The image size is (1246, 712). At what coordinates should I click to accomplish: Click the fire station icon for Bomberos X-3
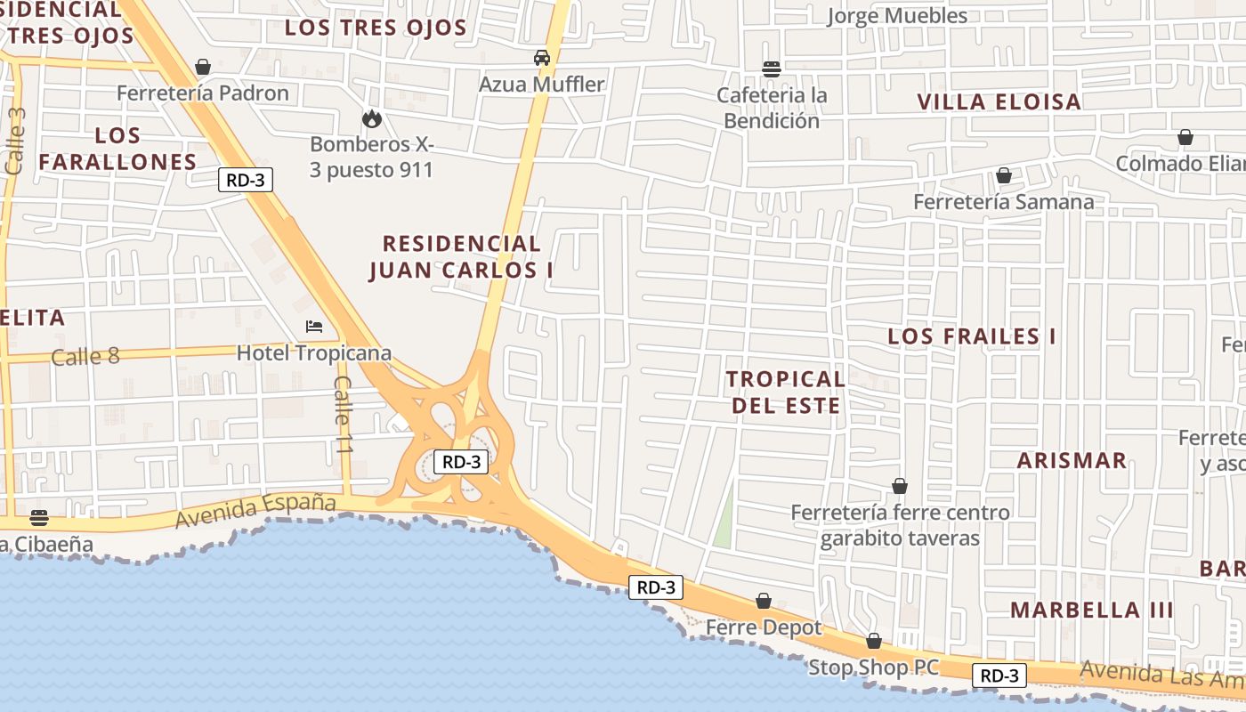point(371,118)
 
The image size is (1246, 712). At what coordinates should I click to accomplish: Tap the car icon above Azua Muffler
point(541,59)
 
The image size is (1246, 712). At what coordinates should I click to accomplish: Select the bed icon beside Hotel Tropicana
point(313,327)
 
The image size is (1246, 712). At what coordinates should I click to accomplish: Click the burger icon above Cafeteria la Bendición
point(772,69)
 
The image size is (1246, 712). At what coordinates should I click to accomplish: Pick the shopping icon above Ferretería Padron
point(203,67)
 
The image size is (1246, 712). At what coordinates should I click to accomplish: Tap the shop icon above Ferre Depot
point(763,601)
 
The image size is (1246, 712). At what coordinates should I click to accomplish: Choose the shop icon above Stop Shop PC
point(873,641)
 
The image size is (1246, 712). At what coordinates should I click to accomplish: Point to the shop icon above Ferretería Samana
point(1003,176)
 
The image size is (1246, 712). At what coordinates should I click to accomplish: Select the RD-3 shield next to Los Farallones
point(245,180)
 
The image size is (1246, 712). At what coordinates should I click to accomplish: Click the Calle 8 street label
point(85,357)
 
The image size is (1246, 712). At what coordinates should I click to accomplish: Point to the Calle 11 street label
point(344,415)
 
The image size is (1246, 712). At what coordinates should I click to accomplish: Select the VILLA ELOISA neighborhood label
point(999,101)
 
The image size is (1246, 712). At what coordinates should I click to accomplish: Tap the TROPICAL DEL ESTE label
point(784,392)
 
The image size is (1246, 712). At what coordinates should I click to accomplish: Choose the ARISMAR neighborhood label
point(1072,461)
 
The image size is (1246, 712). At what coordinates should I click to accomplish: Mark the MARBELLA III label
point(1091,611)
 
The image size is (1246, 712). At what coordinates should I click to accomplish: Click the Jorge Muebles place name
point(896,16)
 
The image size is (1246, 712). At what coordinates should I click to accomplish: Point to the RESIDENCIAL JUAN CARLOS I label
point(461,257)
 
